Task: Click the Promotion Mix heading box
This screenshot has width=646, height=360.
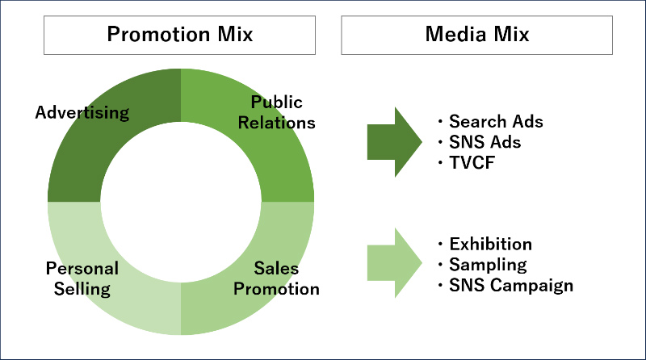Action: coord(180,35)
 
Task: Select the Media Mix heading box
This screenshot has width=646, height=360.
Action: coord(476,35)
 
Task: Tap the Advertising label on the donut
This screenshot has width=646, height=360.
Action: coord(82,112)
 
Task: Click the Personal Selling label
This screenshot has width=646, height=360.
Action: coord(82,278)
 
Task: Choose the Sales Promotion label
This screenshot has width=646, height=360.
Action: coord(276,278)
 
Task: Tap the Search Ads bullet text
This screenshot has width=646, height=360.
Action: coord(496,122)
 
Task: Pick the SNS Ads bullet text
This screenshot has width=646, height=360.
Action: coord(484,142)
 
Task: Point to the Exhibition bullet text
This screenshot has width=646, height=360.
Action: coord(490,244)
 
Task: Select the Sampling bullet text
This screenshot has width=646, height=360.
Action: coord(488,264)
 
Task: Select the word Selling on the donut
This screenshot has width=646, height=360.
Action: coord(82,288)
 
